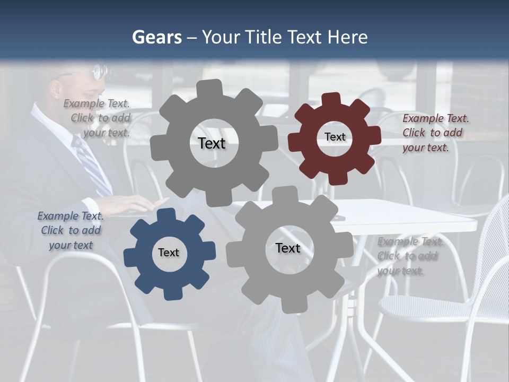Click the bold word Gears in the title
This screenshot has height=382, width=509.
[156, 37]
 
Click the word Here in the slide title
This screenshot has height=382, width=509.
[348, 37]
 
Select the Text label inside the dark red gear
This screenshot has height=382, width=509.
[335, 137]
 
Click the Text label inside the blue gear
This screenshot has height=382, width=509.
[169, 253]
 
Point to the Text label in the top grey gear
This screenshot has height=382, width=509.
[212, 143]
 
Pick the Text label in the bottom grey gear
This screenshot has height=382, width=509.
[288, 248]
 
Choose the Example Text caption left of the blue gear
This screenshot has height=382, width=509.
[71, 230]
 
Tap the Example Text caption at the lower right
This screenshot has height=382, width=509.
[409, 256]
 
